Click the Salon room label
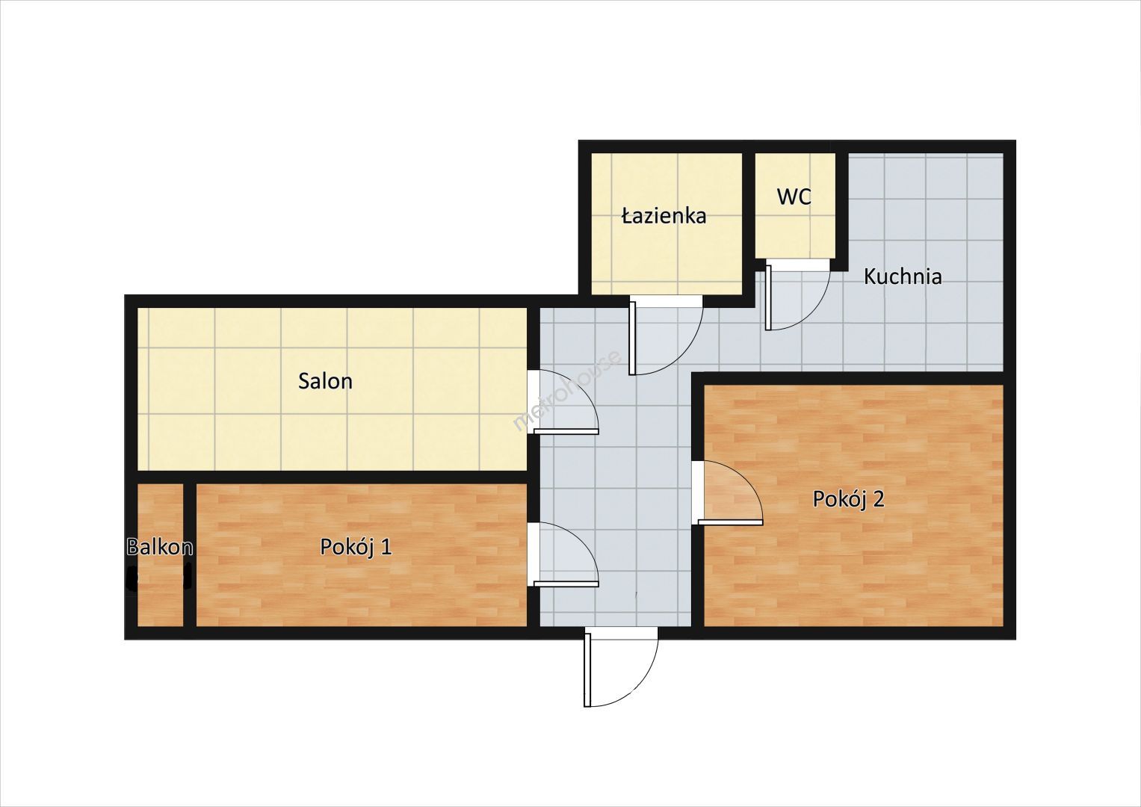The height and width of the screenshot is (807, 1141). pyautogui.click(x=325, y=381)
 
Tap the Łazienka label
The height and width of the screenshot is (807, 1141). pyautogui.click(x=664, y=216)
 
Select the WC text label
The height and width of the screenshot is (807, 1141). pyautogui.click(x=794, y=197)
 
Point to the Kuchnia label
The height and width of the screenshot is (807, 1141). pyautogui.click(x=903, y=276)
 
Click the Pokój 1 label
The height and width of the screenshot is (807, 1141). pyautogui.click(x=356, y=547)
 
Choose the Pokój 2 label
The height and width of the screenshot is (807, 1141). pyautogui.click(x=848, y=499)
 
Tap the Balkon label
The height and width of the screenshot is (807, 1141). pyautogui.click(x=160, y=547)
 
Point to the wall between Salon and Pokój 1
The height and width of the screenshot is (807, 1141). pyautogui.click(x=332, y=477)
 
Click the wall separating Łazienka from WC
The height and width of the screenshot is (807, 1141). pyautogui.click(x=748, y=224)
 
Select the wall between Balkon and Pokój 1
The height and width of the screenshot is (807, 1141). pyautogui.click(x=190, y=554)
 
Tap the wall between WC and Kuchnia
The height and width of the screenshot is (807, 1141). pyautogui.click(x=841, y=211)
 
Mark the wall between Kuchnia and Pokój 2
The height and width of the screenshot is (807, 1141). pyautogui.click(x=847, y=379)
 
